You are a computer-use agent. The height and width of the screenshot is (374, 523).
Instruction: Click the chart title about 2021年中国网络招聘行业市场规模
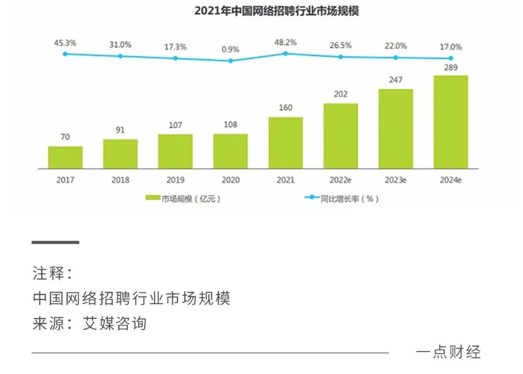pyautogui.click(x=277, y=11)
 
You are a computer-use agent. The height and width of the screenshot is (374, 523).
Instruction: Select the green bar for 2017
pyautogui.click(x=65, y=157)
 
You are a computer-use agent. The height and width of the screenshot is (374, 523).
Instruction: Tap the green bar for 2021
pyautogui.click(x=286, y=143)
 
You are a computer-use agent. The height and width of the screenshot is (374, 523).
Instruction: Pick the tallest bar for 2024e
pyautogui.click(x=451, y=122)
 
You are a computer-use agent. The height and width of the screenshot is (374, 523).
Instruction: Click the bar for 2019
pyautogui.click(x=175, y=151)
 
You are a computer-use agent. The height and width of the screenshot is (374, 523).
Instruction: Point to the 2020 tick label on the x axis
pyautogui.click(x=231, y=180)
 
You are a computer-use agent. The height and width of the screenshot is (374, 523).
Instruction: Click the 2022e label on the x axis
pyautogui.click(x=340, y=180)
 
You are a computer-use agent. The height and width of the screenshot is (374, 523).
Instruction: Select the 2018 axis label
pyautogui.click(x=120, y=180)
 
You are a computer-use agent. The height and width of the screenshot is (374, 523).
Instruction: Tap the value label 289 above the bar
pyautogui.click(x=451, y=68)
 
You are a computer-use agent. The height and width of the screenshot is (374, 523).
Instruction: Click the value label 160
pyautogui.click(x=286, y=108)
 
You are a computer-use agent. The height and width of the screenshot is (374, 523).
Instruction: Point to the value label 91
pyautogui.click(x=120, y=130)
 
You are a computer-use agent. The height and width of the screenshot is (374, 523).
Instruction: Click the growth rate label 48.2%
pyautogui.click(x=285, y=42)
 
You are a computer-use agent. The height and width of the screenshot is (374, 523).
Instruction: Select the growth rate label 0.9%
pyautogui.click(x=231, y=49)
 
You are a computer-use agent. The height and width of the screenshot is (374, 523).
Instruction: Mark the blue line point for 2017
pyautogui.click(x=65, y=54)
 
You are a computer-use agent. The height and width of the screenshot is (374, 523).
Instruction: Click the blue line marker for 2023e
pyautogui.click(x=396, y=57)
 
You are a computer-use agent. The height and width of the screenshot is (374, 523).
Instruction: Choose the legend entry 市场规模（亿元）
pyautogui.click(x=184, y=199)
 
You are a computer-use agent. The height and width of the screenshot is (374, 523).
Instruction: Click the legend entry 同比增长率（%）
pyautogui.click(x=341, y=199)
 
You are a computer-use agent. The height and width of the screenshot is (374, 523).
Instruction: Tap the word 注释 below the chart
pyautogui.click(x=48, y=274)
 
